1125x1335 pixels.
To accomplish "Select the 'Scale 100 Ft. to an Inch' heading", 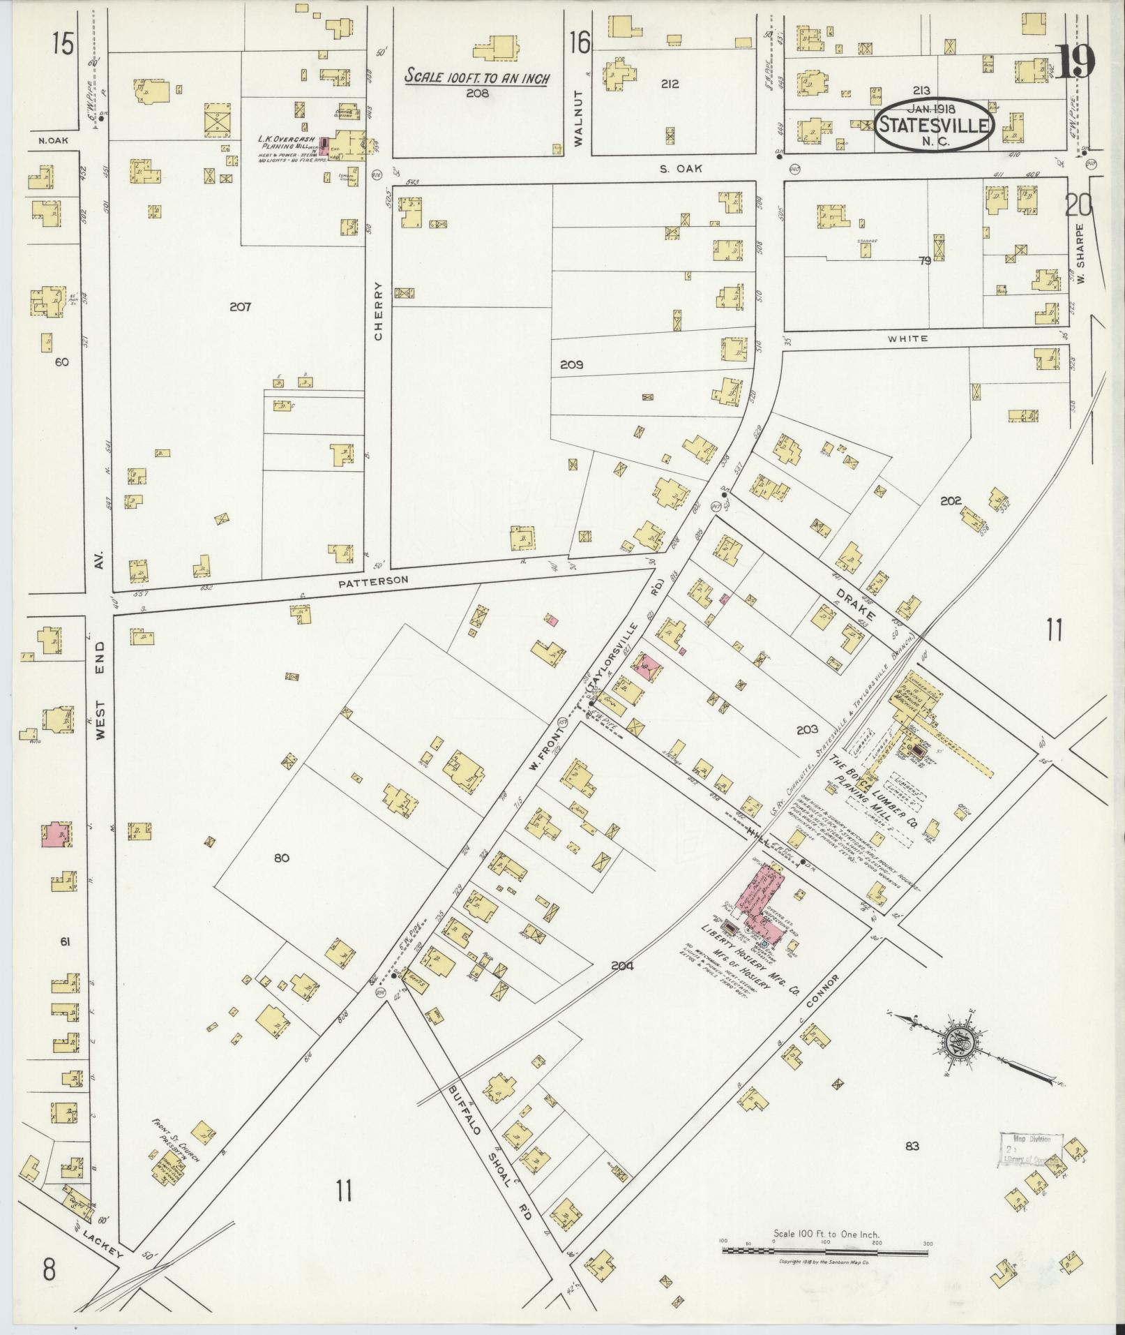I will pos(478,77).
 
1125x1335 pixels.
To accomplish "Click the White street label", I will pos(907,338).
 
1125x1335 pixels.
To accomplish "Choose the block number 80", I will pos(281,858).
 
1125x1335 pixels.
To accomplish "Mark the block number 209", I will pos(571,364).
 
